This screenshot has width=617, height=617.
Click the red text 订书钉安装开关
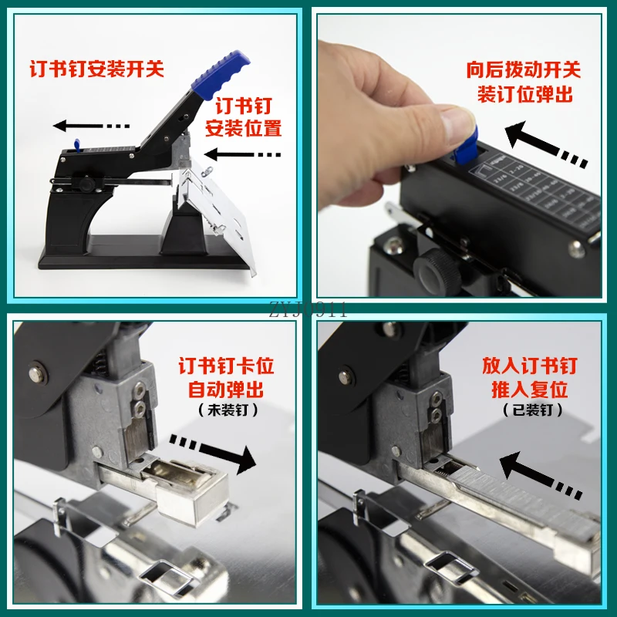pos(97,69)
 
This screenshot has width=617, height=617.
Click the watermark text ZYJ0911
pos(308,311)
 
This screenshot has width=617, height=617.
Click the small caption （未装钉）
pos(226,409)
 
